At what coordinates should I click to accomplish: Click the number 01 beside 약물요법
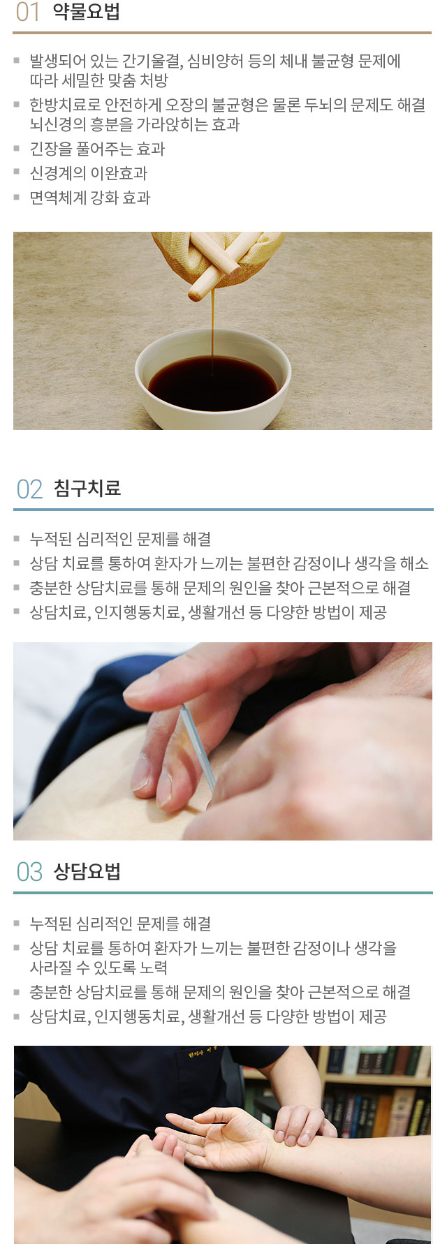coord(28,13)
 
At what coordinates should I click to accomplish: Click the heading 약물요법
coord(87,12)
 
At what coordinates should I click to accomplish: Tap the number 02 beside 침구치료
coord(29,489)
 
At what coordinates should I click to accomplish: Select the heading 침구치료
coord(87,489)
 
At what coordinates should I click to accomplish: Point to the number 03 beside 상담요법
coord(29,872)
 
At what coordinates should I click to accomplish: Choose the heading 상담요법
coord(87,871)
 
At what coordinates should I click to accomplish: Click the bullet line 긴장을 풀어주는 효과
coord(97,149)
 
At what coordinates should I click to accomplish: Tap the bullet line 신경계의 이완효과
coord(89,173)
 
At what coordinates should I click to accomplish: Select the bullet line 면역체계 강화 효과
coord(90,198)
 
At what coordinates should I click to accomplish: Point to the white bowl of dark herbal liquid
coord(213,379)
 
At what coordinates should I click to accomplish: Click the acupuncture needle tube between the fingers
coord(198,747)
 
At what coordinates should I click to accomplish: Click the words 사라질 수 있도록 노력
coord(98,968)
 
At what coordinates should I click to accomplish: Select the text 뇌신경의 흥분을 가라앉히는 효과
coord(135,124)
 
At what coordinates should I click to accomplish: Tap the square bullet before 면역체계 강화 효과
coord(17,198)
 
